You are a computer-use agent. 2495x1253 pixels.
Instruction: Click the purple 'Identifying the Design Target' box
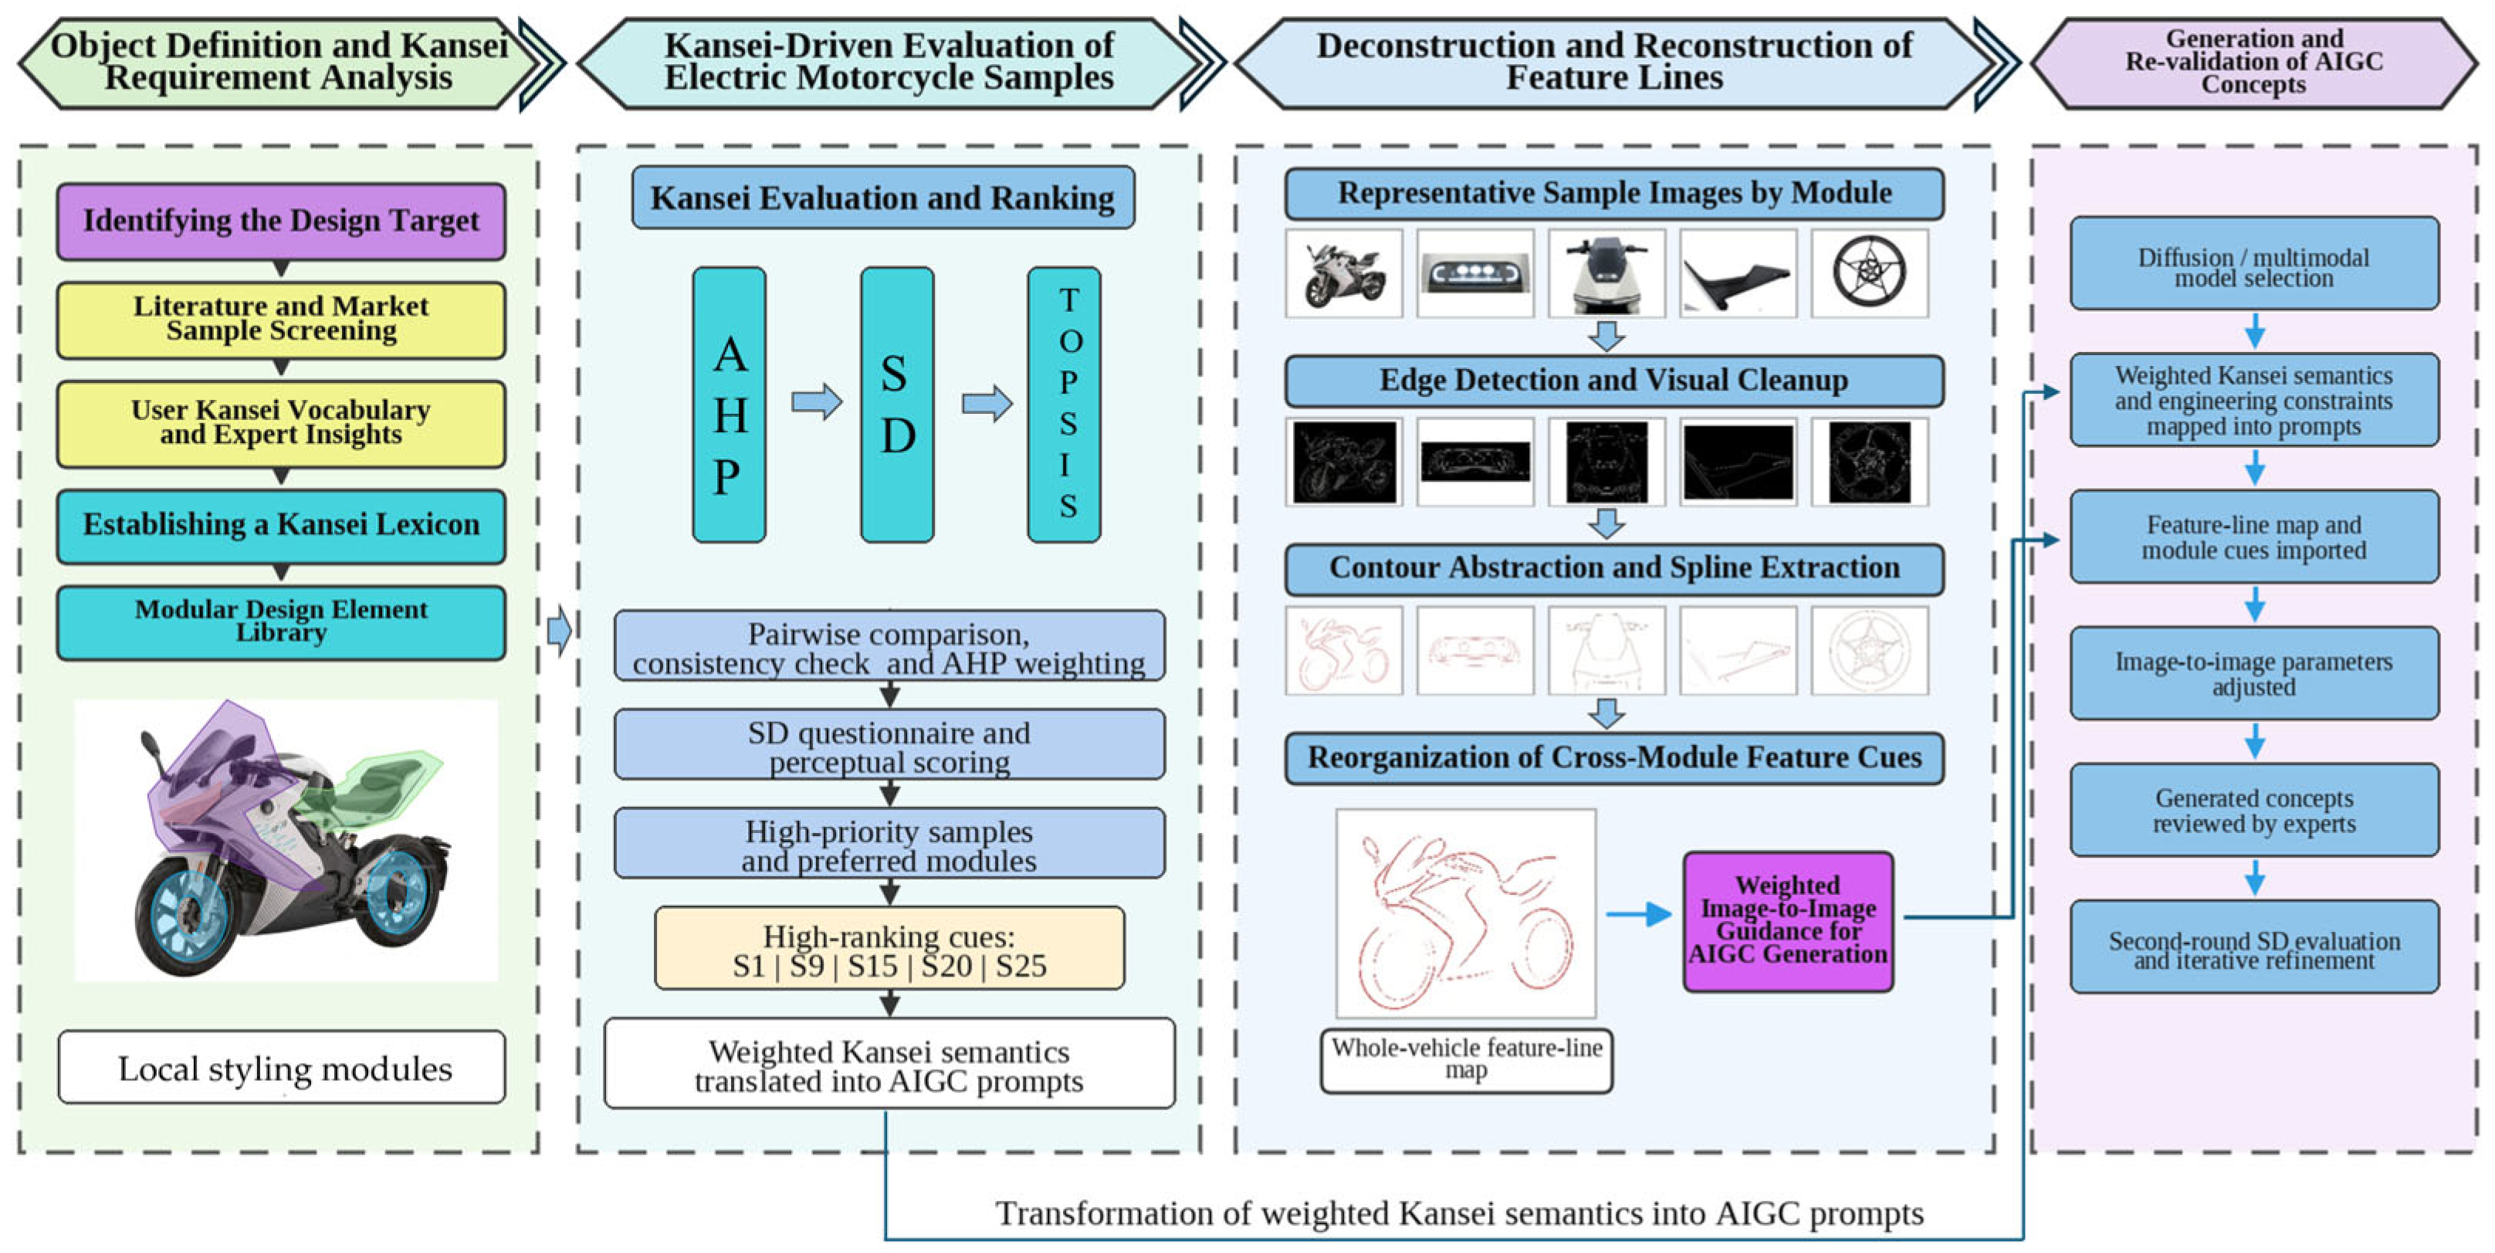[281, 222]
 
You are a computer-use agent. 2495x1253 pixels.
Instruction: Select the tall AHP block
[730, 405]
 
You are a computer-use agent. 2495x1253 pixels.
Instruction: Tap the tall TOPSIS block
[1065, 405]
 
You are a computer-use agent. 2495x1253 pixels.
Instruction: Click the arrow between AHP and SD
[817, 402]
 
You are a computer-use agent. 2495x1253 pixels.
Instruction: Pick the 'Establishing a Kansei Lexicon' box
[281, 526]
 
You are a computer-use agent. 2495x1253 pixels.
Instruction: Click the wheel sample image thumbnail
[1869, 273]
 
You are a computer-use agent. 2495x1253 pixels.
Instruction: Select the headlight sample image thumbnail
[1475, 273]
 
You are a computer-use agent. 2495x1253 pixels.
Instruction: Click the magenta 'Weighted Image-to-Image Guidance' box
[1788, 921]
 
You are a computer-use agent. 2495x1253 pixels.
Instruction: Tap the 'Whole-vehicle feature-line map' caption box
[1467, 1060]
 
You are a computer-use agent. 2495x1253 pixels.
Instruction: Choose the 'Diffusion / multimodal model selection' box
[2255, 263]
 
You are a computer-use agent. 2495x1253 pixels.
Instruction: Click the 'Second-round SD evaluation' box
[2255, 947]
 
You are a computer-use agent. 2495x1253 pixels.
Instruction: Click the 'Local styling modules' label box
[282, 1067]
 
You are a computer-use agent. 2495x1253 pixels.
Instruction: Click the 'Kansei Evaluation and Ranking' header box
[882, 198]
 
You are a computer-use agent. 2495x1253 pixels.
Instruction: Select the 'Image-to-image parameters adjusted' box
[2255, 673]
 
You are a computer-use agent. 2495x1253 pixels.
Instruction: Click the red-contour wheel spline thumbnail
[1869, 651]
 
